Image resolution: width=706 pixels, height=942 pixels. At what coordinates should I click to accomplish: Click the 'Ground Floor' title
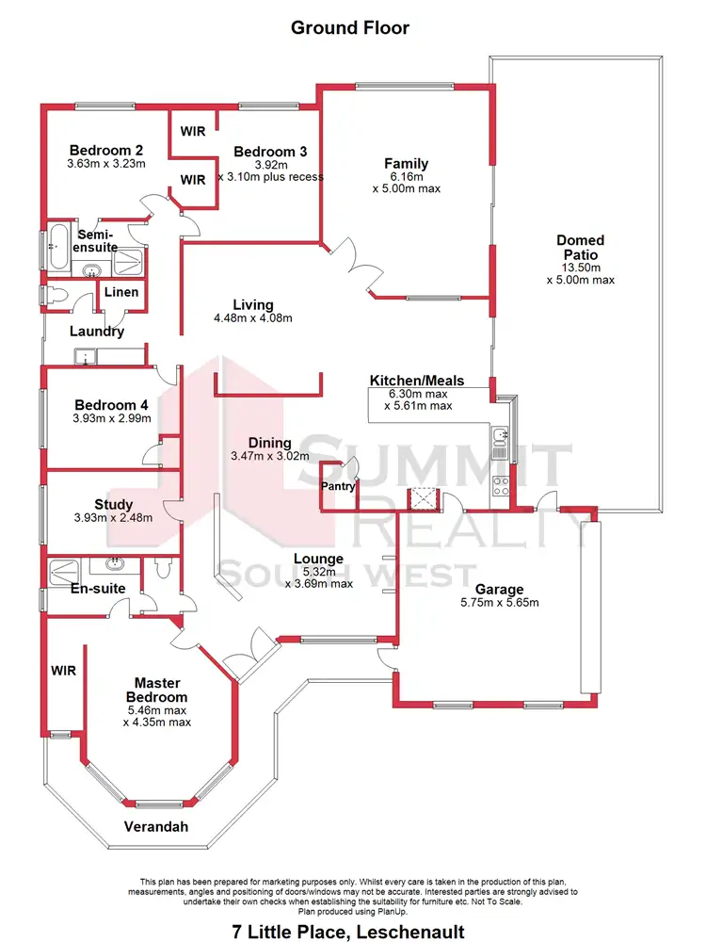pos(349,27)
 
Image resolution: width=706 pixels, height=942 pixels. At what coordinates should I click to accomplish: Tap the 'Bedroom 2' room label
pos(107,150)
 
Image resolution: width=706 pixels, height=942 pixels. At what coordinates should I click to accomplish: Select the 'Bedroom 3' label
pos(270,151)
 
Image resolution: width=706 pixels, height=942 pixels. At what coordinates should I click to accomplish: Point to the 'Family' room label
pos(406,163)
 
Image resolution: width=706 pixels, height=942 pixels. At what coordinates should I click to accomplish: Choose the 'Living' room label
pos(253,304)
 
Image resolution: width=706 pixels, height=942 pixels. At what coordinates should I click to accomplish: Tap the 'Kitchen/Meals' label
pos(417,381)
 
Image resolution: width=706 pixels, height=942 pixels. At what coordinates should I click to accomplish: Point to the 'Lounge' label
pos(318,559)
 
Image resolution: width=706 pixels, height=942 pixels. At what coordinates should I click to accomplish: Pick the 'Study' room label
pos(113,505)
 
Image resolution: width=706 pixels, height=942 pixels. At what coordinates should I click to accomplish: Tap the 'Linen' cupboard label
pos(121,292)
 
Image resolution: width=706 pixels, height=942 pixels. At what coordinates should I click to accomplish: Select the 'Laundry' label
pos(97,332)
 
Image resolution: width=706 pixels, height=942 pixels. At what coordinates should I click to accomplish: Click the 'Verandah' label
pos(156,827)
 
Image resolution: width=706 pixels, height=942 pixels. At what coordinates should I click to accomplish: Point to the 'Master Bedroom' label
pos(156,689)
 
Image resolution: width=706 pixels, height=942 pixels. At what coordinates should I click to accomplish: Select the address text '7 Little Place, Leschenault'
pos(350,932)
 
